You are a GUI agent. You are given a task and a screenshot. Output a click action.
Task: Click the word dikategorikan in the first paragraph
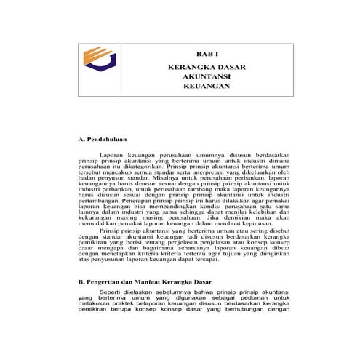[148, 167]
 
